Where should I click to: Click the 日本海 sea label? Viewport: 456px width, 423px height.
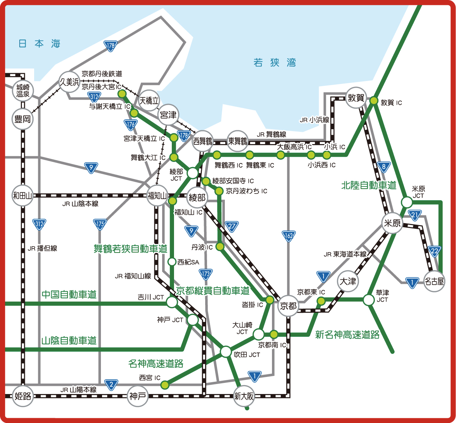tap(39, 44)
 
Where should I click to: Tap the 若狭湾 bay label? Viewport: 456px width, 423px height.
tap(275, 62)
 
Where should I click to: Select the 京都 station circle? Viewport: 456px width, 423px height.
tap(288, 306)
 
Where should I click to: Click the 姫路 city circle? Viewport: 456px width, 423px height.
tap(23, 396)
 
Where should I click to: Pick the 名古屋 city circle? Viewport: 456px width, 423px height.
tap(434, 282)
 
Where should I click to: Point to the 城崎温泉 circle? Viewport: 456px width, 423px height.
tap(23, 91)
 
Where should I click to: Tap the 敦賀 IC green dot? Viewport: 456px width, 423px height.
tap(374, 101)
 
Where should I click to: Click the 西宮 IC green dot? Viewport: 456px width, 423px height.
tap(165, 384)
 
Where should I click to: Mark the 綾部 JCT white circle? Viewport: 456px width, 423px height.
tap(193, 173)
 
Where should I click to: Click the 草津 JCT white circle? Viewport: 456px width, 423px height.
tap(369, 300)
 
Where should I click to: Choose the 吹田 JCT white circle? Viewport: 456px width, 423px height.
tap(226, 352)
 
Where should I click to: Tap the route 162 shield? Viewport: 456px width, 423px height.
tap(289, 236)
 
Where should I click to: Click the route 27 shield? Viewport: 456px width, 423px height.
tap(232, 226)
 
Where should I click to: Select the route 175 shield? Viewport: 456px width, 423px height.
tap(100, 224)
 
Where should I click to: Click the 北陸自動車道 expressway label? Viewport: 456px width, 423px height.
tap(368, 185)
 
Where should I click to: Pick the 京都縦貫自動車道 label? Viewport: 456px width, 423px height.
tap(213, 290)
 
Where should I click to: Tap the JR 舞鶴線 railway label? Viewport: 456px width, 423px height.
tap(271, 134)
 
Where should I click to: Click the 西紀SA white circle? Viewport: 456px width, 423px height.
tap(172, 262)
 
